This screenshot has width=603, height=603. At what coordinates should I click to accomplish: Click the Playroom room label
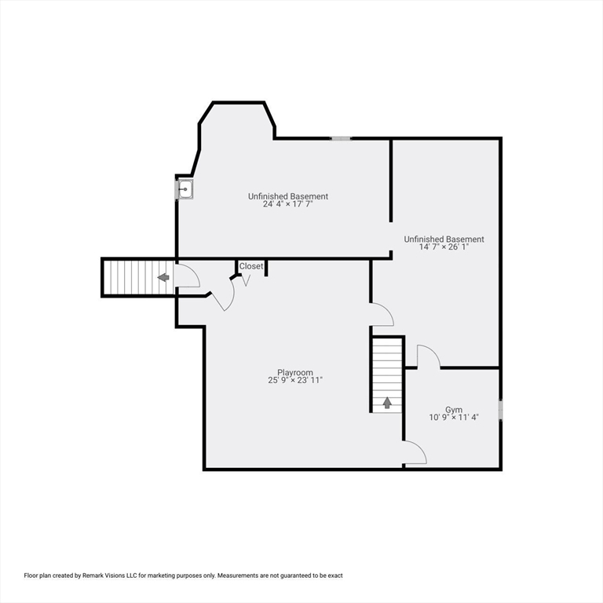pos(295,373)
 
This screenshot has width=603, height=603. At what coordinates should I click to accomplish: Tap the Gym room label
pos(454,410)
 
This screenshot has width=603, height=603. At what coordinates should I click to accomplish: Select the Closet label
pos(251,266)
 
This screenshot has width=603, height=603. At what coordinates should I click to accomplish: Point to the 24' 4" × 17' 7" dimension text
pos(288,205)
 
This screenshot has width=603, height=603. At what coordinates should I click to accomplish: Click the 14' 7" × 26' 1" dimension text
pos(444,247)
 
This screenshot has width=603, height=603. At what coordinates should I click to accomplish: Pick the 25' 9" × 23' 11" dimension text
pos(295,381)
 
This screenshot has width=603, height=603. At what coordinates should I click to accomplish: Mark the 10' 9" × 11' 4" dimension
pos(454,418)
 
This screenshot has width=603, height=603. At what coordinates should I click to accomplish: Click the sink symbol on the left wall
pos(185,189)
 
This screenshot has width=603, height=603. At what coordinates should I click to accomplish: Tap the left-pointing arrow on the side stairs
pos(163,277)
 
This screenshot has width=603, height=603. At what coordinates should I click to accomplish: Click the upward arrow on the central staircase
pos(387,403)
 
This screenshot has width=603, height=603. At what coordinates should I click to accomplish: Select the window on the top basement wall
pos(341,138)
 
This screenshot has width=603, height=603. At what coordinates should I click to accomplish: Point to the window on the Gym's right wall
pos(500,411)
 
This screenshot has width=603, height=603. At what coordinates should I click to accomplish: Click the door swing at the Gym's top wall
pos(428,356)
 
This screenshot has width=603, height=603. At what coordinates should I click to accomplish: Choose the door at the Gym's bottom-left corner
pos(415,453)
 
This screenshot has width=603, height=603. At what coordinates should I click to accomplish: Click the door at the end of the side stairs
pos(187,276)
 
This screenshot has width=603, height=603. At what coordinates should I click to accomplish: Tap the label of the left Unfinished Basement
pos(288,196)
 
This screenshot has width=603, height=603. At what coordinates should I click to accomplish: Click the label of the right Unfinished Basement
pos(444,239)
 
